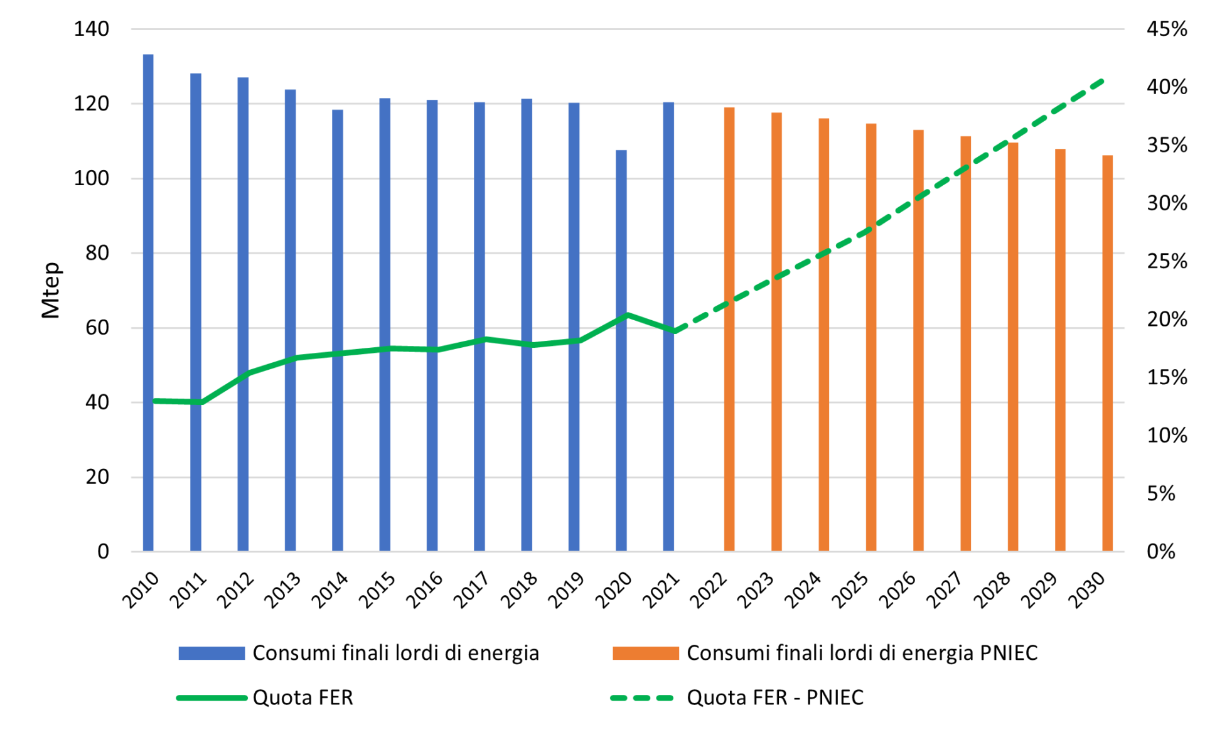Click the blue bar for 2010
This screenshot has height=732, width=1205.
point(148,301)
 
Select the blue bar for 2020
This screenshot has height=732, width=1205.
point(621,352)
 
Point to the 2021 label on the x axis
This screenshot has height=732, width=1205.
point(661,590)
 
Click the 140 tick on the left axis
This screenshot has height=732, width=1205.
point(91,29)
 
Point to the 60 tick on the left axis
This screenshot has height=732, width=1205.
point(97,328)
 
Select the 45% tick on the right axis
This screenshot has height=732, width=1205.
point(1167,29)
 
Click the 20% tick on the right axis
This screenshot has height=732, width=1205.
point(1167,320)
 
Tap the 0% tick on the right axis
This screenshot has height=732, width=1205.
point(1160,552)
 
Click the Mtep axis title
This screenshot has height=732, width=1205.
point(51,290)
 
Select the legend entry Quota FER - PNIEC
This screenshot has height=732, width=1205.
point(774,697)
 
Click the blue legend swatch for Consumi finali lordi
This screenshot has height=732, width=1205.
point(212,653)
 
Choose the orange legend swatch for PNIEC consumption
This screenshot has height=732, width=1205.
point(646,653)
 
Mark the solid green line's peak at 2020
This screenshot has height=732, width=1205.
point(627,315)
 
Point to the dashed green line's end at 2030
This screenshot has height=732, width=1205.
point(1103,81)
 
